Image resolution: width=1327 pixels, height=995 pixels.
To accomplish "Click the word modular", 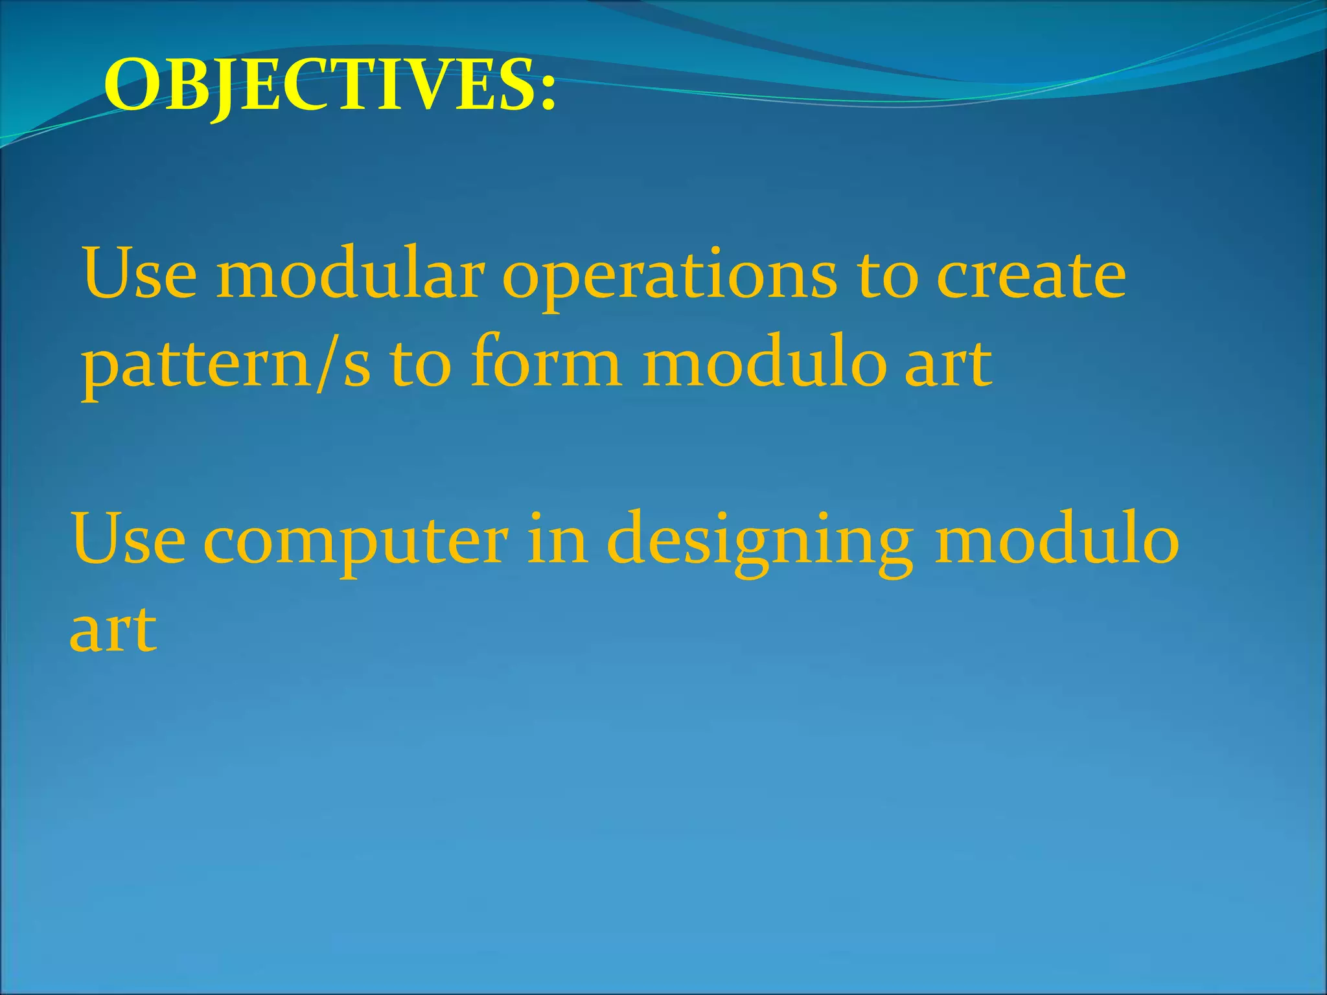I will [x=351, y=275].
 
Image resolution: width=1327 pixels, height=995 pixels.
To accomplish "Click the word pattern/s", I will [x=226, y=366].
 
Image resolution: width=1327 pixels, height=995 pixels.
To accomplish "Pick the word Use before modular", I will [x=139, y=275].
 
